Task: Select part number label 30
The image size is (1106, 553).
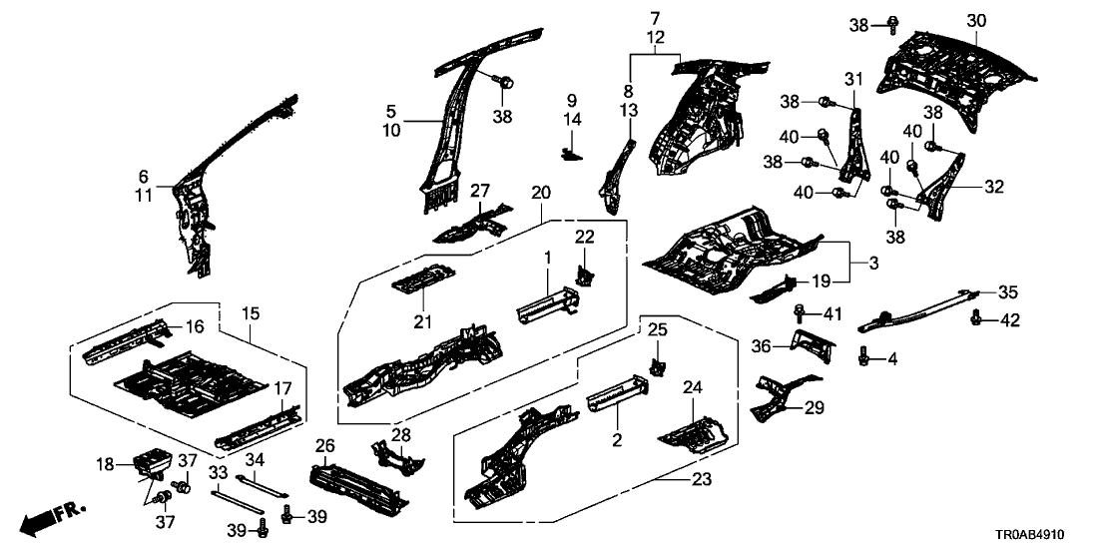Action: pyautogui.click(x=976, y=21)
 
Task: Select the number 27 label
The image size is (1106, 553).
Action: pyautogui.click(x=480, y=191)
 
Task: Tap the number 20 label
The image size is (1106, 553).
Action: pyautogui.click(x=540, y=192)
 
